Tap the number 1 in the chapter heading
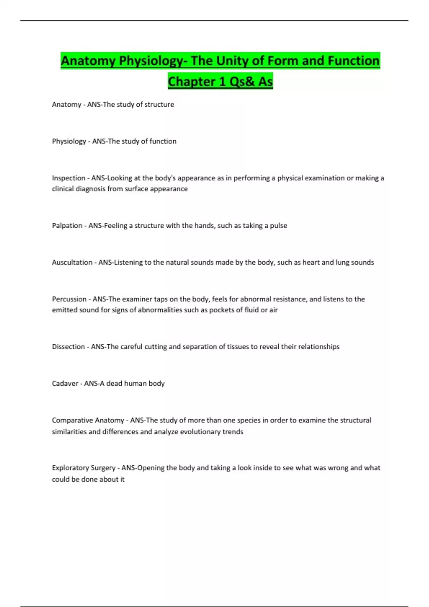point(222,81)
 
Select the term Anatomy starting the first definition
point(66,105)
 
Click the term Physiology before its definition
point(69,141)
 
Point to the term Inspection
point(69,178)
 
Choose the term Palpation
point(67,226)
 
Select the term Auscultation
point(72,262)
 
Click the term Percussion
point(69,299)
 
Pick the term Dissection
point(68,347)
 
